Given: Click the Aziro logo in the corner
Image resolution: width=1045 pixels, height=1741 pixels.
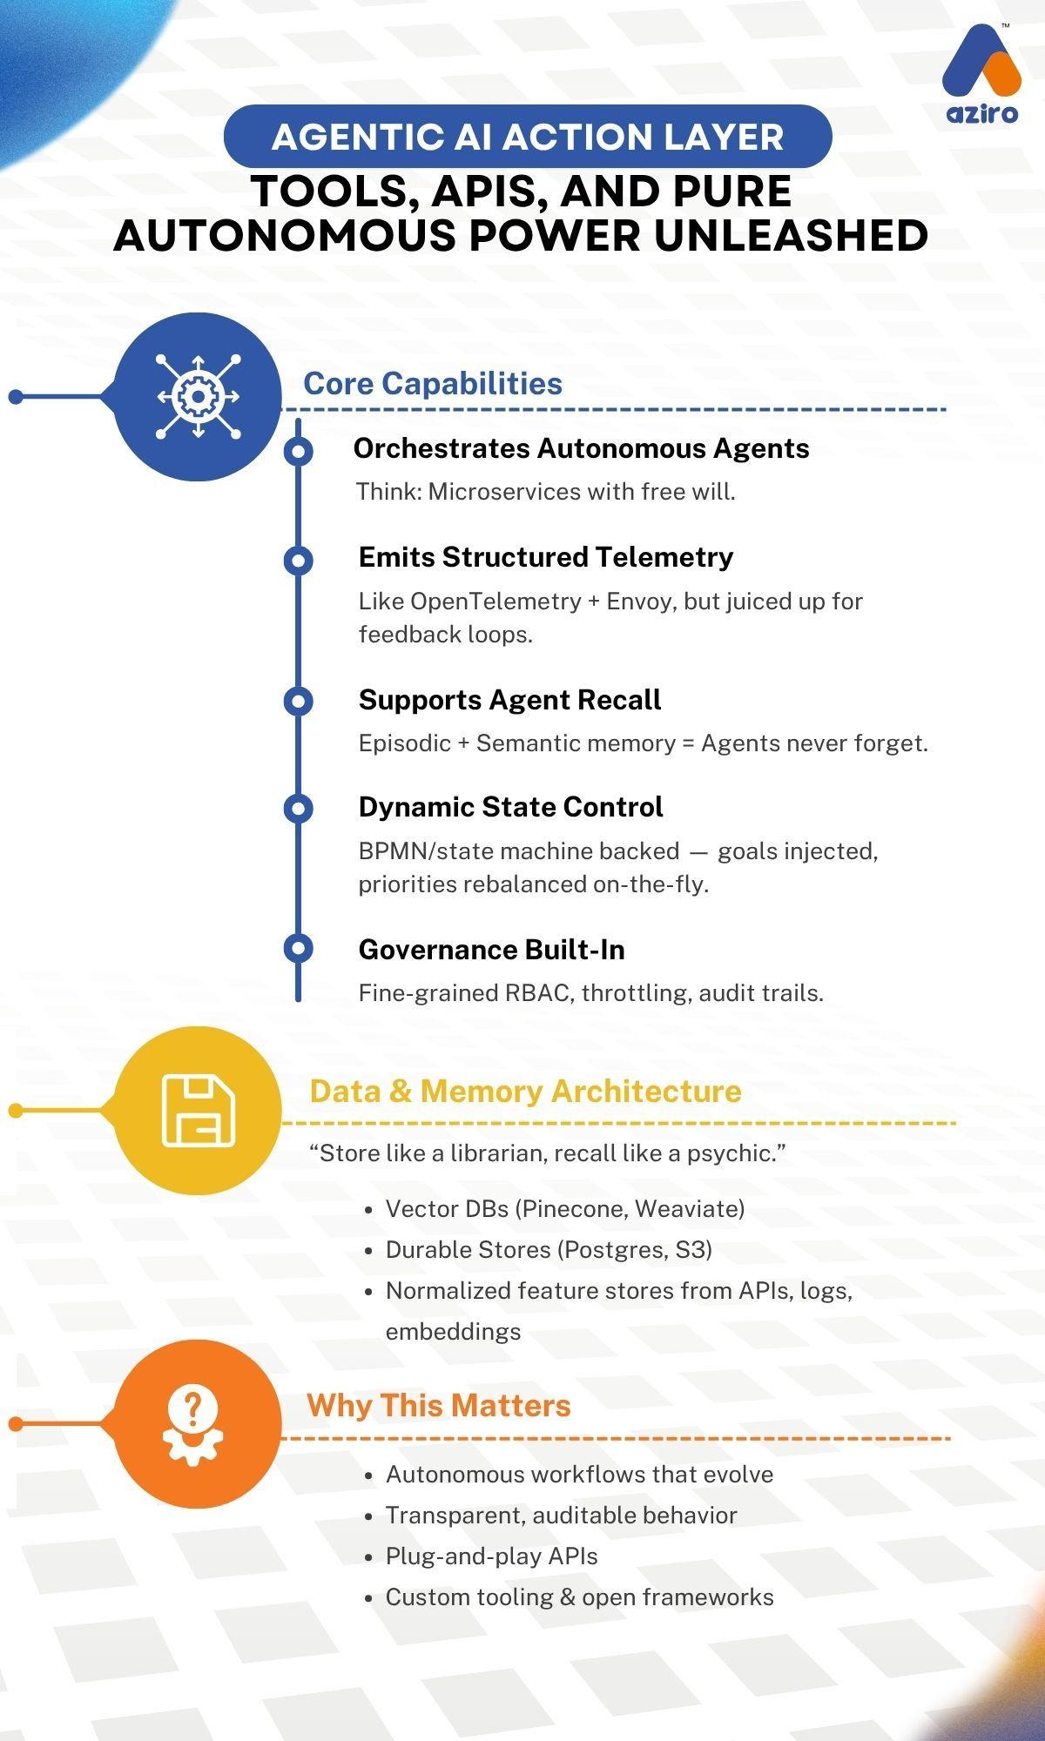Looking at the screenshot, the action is [x=981, y=74].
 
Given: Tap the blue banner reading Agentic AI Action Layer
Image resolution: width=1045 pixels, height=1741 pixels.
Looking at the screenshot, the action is [x=528, y=137].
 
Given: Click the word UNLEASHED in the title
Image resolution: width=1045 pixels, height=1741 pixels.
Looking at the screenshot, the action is [x=790, y=235].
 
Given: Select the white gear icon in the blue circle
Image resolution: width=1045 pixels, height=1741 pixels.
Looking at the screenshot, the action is [x=198, y=396].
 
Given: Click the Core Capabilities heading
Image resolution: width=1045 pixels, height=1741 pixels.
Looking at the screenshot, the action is [x=432, y=383].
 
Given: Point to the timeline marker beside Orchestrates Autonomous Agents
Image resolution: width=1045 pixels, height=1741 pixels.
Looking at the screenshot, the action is [x=299, y=451].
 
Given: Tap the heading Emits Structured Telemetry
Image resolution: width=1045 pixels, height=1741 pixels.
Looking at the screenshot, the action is [x=545, y=556].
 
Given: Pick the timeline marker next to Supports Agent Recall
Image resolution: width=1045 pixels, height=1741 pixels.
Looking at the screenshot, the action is [x=299, y=701].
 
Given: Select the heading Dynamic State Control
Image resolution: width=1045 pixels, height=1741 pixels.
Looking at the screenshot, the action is [x=510, y=806].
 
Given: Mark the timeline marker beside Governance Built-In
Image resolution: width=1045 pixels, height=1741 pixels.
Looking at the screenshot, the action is [x=299, y=948].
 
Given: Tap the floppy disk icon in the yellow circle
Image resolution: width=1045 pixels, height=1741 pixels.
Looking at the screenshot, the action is [x=199, y=1110].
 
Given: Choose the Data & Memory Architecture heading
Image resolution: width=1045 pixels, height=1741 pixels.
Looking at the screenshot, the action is [x=525, y=1091].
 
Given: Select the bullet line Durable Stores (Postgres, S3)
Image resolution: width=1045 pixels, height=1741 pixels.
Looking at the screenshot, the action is [x=549, y=1249].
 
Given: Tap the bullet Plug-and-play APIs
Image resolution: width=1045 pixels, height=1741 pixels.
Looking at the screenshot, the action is [x=491, y=1556].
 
